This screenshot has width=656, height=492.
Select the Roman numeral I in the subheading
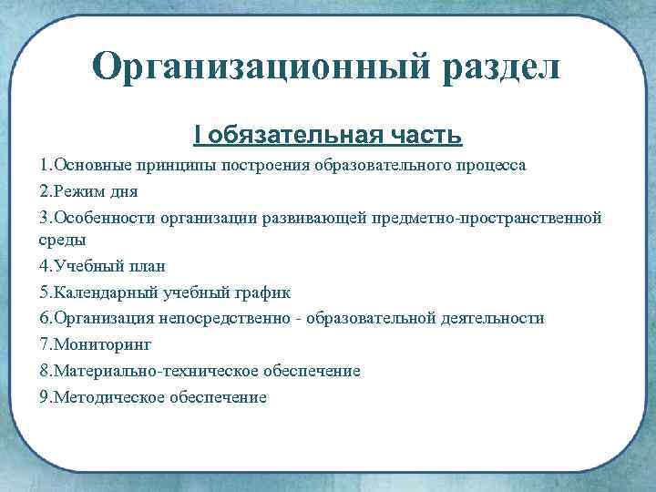[198, 136]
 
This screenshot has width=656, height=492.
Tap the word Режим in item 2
[77, 193]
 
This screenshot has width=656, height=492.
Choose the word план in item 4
[139, 267]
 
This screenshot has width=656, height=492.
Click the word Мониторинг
[102, 344]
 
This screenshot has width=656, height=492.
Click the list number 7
[44, 344]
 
